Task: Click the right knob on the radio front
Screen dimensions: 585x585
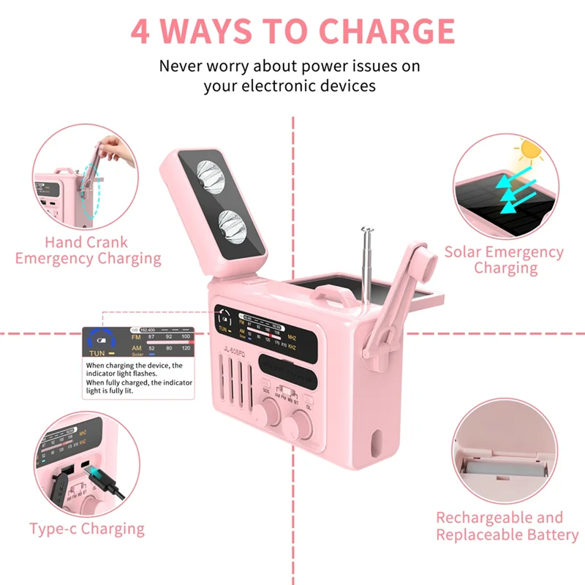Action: tap(301, 423)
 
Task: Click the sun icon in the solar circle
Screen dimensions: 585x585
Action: tap(530, 151)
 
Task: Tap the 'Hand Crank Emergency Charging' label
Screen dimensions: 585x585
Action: tap(88, 250)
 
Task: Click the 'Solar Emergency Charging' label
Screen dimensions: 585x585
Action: tap(505, 260)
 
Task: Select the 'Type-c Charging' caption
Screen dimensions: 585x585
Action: tap(87, 529)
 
